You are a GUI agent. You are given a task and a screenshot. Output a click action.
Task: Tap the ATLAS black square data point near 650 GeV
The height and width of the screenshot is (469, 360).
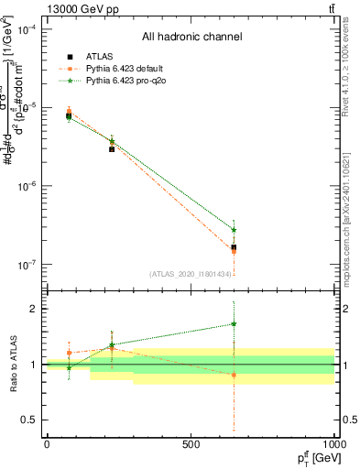tap(234, 247)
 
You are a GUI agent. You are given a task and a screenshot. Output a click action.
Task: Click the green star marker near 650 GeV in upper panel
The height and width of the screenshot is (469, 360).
tap(234, 230)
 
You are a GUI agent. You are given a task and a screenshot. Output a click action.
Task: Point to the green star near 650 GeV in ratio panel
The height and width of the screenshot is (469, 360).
tap(234, 323)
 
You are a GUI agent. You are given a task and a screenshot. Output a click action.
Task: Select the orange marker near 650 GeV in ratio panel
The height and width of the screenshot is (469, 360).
tap(234, 375)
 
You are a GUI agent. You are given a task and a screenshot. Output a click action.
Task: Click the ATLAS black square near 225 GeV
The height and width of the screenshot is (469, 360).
tap(112, 147)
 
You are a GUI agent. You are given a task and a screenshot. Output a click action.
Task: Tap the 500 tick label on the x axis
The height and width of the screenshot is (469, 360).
tap(191, 444)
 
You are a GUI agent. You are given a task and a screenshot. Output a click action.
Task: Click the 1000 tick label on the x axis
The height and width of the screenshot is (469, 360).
tap(333, 444)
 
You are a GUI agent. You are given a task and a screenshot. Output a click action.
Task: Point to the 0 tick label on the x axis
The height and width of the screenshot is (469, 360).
tap(47, 444)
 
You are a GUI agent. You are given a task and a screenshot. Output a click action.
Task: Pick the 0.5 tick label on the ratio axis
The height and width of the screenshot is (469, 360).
tap(29, 420)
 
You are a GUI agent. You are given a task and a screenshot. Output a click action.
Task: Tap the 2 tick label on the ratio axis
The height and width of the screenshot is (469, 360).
tap(34, 309)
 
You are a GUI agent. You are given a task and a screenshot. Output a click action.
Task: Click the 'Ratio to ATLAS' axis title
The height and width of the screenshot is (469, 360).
tap(12, 364)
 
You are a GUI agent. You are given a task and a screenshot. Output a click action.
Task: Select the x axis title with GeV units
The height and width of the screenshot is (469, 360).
tap(312, 457)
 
